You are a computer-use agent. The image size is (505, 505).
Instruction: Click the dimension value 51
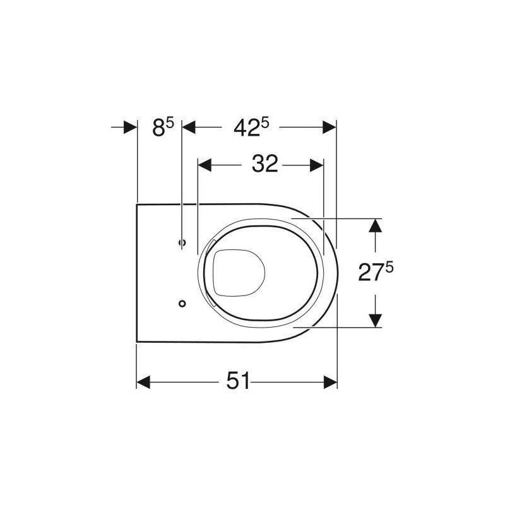click(238, 381)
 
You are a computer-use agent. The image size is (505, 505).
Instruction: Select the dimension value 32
click(264, 163)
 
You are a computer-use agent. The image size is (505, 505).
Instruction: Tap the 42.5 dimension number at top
click(251, 127)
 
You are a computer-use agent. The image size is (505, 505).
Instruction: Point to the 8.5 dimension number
click(163, 127)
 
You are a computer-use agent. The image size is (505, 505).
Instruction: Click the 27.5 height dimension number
click(376, 271)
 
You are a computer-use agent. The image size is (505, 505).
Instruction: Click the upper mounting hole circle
click(182, 242)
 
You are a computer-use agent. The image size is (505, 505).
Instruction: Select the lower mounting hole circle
click(182, 304)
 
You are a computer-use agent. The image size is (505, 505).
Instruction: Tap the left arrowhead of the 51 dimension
click(143, 382)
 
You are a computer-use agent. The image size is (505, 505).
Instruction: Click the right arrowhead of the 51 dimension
click(330, 382)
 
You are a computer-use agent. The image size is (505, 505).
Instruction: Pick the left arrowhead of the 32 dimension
click(205, 165)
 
